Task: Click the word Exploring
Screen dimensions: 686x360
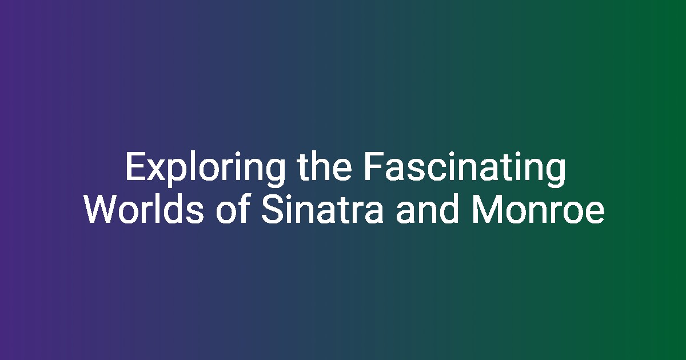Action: click(205, 169)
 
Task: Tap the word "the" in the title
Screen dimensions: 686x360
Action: click(325, 166)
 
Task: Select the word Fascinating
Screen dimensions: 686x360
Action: click(465, 169)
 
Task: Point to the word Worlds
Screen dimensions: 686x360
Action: click(144, 209)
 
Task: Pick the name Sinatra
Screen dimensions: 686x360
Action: click(322, 209)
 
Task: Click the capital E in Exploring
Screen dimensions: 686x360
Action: click(135, 166)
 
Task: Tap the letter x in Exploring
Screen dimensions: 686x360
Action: click(156, 170)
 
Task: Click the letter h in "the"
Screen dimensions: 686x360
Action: click(321, 166)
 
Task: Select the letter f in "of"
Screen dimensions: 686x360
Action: click(242, 209)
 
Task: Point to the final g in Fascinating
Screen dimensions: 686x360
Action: click(556, 173)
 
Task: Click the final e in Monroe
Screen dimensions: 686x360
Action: click(595, 213)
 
